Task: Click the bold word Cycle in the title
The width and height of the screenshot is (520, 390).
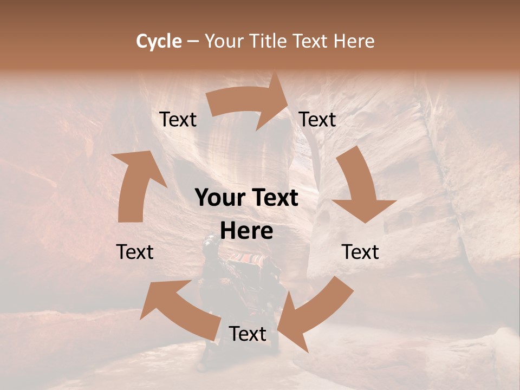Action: click(x=159, y=41)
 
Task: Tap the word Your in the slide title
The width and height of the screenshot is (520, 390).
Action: click(x=223, y=41)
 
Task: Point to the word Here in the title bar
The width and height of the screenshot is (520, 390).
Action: click(x=355, y=41)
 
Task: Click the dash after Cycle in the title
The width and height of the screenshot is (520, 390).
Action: click(x=192, y=41)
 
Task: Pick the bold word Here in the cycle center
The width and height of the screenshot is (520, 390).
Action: click(x=246, y=231)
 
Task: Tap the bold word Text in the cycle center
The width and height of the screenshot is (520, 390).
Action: click(x=274, y=198)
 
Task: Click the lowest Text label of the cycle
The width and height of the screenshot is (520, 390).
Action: click(x=248, y=334)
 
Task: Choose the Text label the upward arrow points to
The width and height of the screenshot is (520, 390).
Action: click(x=178, y=120)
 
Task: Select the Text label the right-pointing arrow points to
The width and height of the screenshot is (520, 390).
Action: click(x=317, y=120)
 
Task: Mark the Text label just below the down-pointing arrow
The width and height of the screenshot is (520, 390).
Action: click(x=360, y=252)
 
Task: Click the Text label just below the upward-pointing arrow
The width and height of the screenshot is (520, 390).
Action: click(x=135, y=252)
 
